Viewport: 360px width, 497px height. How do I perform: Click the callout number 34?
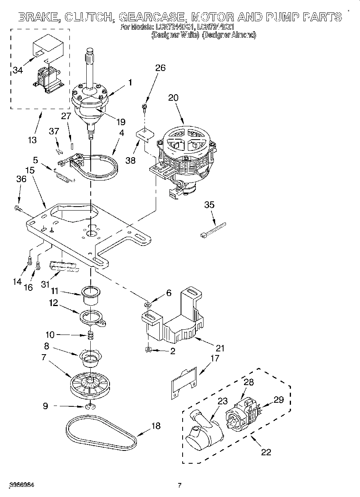click(x=17, y=70)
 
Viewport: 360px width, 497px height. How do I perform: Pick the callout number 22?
click(x=266, y=452)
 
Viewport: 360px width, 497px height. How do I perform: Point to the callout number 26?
click(x=160, y=68)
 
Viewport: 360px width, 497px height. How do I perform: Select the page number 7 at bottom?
click(x=180, y=486)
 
